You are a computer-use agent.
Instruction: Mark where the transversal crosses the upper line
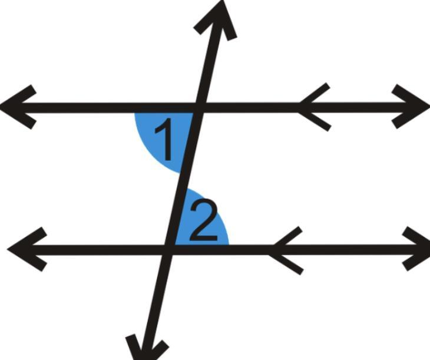click(x=198, y=107)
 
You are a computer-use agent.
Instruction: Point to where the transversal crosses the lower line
click(x=170, y=249)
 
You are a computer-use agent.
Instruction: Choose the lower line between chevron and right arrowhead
click(x=353, y=249)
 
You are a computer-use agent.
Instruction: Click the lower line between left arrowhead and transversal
click(x=100, y=249)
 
